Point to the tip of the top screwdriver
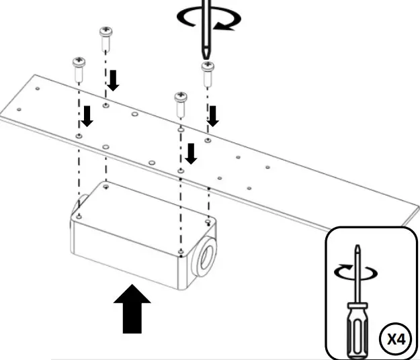pyautogui.click(x=205, y=56)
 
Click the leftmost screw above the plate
pyautogui.click(x=78, y=66)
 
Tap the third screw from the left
pyautogui.click(x=181, y=101)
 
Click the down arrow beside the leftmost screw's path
pyautogui.click(x=87, y=117)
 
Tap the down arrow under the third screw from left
pyautogui.click(x=192, y=153)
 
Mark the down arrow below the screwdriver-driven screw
pyautogui.click(x=214, y=116)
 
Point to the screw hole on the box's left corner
pyautogui.click(x=79, y=216)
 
